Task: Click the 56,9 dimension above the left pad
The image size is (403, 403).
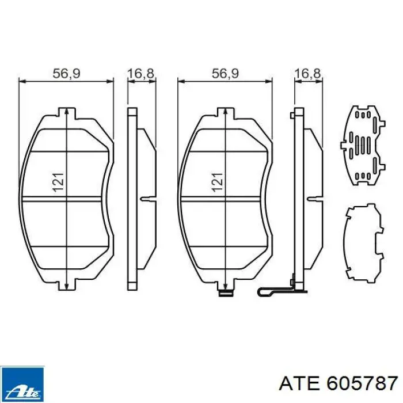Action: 66,73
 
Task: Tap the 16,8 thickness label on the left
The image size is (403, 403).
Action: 140,73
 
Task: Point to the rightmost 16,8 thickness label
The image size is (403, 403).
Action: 307,73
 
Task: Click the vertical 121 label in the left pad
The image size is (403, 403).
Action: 58,183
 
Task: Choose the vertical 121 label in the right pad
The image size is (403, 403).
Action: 217,183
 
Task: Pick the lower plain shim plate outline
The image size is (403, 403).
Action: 363,244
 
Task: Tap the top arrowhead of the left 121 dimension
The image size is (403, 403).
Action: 67,111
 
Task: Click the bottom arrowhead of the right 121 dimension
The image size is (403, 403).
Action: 226,286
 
